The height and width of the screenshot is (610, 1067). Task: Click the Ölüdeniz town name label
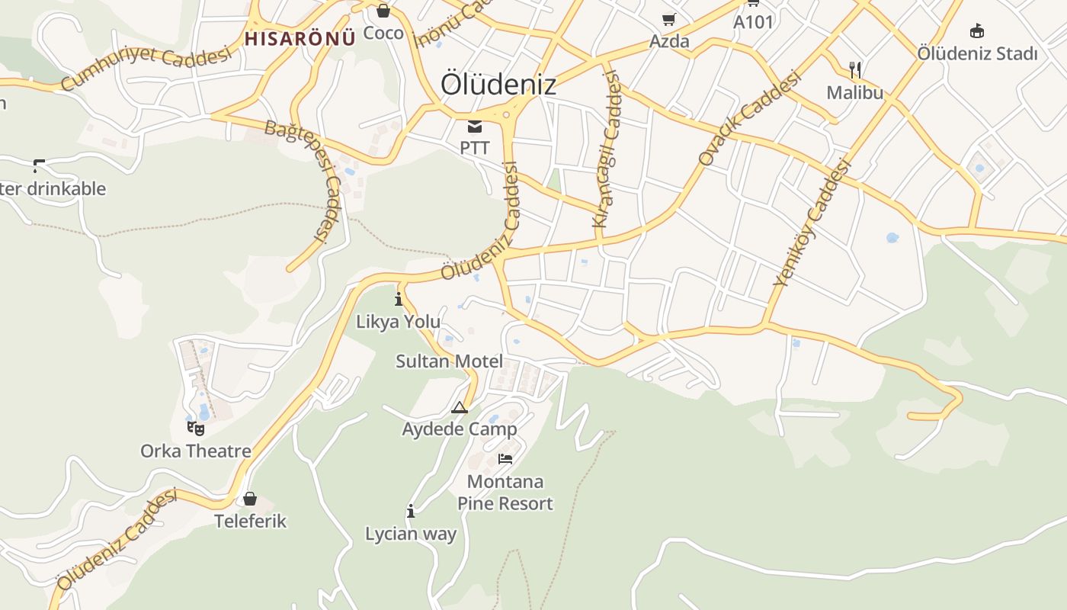498,85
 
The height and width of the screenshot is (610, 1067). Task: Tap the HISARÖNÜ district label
300,38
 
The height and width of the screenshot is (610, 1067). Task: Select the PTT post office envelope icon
475,127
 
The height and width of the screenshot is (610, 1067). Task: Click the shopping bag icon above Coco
383,11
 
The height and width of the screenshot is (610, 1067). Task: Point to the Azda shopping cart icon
668,19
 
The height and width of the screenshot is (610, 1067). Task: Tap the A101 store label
753,22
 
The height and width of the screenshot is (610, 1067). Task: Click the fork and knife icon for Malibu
855,71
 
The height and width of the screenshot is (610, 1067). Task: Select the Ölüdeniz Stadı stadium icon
976,30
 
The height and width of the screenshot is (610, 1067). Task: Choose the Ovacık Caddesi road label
750,117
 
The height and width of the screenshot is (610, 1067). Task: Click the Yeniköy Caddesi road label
811,222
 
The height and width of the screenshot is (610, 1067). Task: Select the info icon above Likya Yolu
398,299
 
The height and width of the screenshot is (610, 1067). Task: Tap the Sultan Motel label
449,361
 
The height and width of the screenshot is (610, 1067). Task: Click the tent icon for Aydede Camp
459,408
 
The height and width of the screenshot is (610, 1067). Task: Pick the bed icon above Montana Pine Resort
505,458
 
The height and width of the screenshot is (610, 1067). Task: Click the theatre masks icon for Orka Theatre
196,428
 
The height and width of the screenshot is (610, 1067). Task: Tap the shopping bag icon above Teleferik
250,499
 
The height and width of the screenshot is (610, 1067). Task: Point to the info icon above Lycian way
411,511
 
